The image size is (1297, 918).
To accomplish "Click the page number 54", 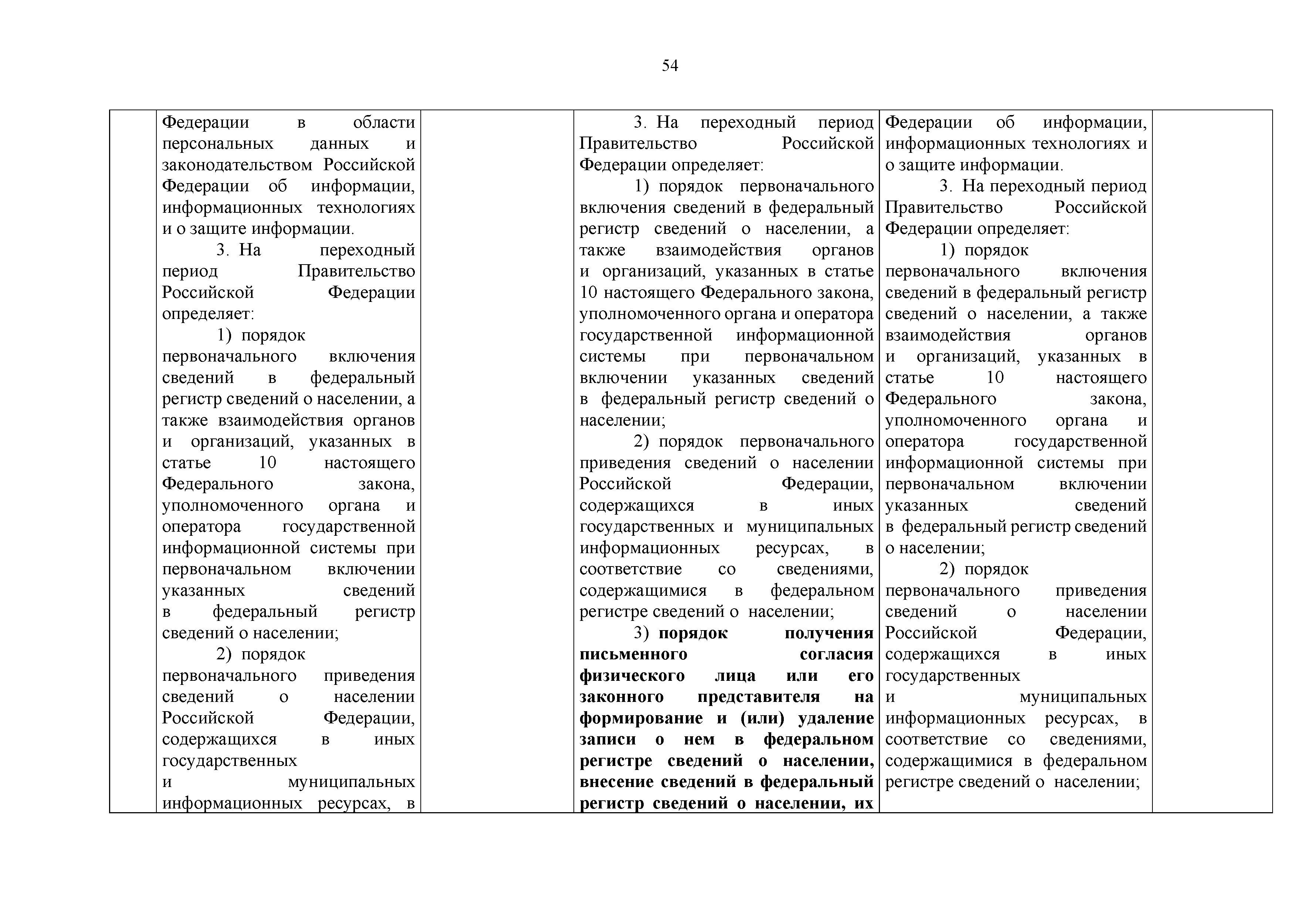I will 670,66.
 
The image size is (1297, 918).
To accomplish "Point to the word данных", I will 339,144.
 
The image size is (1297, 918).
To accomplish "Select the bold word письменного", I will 633,654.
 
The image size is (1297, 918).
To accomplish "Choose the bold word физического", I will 632,676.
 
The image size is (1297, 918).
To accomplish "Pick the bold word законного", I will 622,697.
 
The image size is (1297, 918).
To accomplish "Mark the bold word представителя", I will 759,697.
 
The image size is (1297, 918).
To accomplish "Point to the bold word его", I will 861,676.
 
